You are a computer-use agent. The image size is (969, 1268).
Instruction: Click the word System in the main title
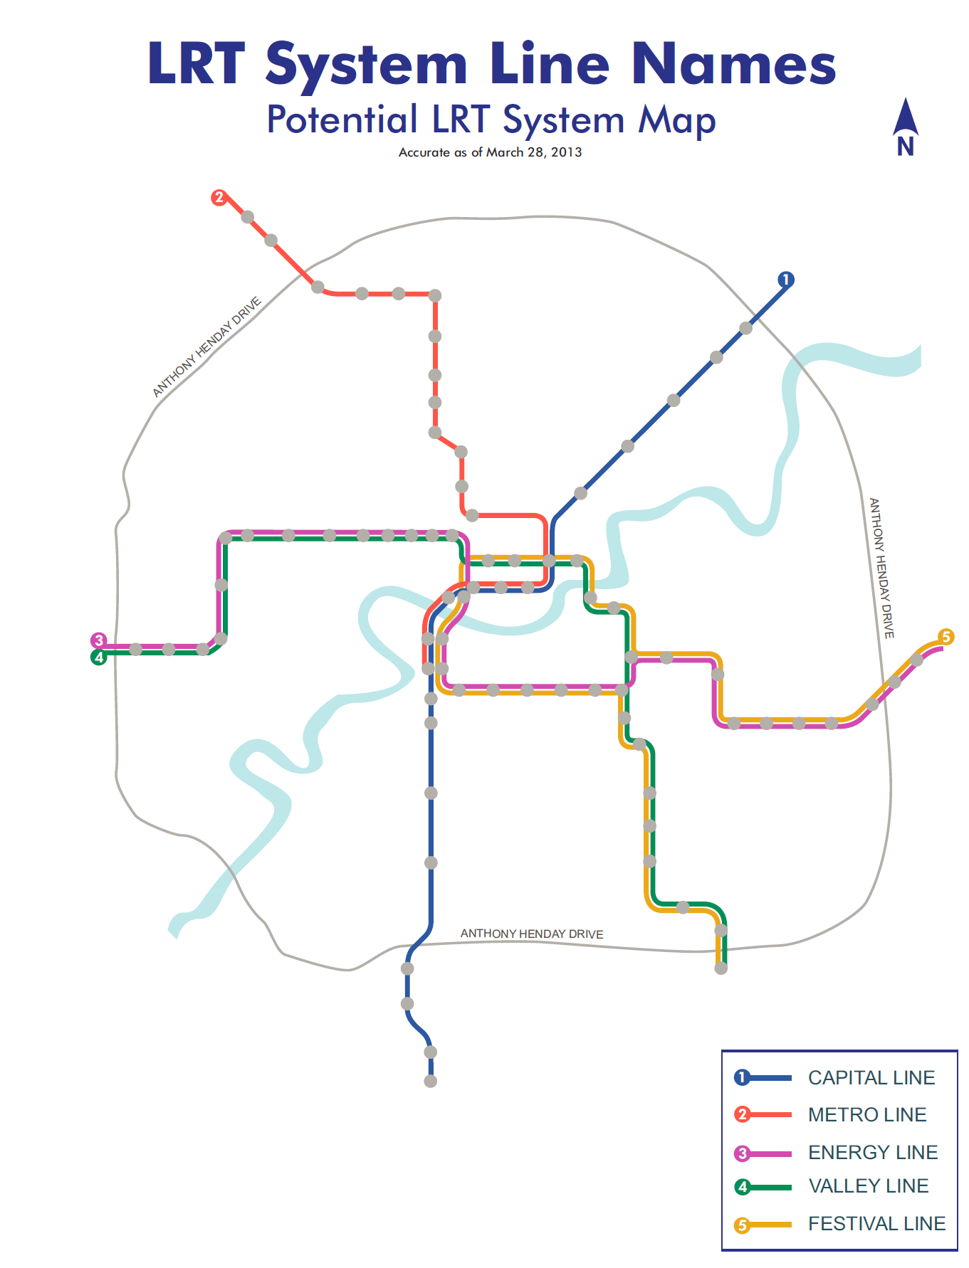(366, 65)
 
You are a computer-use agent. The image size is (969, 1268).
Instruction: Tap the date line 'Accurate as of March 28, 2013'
(490, 152)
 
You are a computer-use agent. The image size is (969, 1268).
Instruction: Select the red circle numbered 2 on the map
(219, 197)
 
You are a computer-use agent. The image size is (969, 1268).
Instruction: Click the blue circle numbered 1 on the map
(785, 280)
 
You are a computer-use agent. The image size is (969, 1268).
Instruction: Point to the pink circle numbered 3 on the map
(99, 640)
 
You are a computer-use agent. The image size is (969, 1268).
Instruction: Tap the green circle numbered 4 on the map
(99, 657)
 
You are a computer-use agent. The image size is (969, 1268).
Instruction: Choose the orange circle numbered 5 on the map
(946, 637)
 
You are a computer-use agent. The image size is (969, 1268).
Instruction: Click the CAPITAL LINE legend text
(871, 1078)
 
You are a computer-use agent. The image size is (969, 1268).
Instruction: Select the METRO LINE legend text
(867, 1115)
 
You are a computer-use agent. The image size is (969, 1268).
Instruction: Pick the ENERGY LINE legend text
(873, 1152)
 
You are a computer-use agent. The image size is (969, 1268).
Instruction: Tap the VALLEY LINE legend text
(869, 1186)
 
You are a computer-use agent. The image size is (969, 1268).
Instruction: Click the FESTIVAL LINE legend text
(877, 1224)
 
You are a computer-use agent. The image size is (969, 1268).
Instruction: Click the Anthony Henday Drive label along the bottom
(532, 934)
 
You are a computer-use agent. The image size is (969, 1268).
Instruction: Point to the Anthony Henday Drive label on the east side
(881, 568)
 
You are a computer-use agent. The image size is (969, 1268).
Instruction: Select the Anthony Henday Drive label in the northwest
(207, 347)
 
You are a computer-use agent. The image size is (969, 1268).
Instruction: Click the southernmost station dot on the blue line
(431, 1082)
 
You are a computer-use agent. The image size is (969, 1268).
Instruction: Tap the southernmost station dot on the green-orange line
(721, 968)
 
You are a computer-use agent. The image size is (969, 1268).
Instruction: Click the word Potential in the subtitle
(342, 120)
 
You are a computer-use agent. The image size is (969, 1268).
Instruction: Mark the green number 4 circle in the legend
(743, 1187)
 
